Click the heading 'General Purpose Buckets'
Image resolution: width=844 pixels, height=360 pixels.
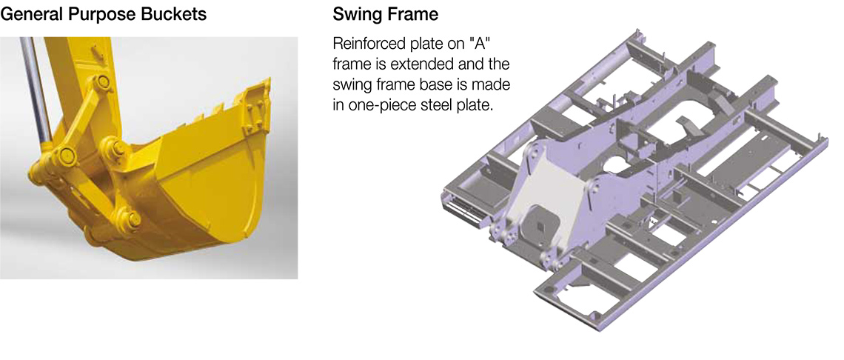[x=104, y=15]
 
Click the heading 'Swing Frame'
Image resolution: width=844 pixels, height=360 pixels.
[x=386, y=15]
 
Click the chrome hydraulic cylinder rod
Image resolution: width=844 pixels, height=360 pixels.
[x=36, y=92]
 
